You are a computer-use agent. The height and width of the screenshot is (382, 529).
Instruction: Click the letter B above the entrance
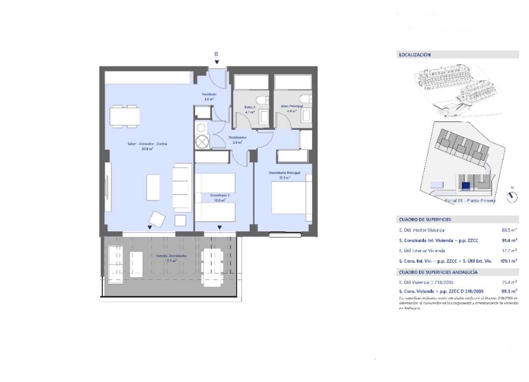pyautogui.click(x=216, y=54)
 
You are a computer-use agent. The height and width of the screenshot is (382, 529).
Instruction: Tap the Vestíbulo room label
pyautogui.click(x=208, y=96)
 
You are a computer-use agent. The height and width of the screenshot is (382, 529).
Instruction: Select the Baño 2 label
pyautogui.click(x=250, y=109)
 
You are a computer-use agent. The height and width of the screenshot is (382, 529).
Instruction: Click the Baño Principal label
pyautogui.click(x=292, y=108)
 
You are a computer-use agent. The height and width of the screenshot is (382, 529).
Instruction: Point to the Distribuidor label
pyautogui.click(x=238, y=140)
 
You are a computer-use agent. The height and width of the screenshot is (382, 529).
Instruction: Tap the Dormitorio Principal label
pyautogui.click(x=284, y=175)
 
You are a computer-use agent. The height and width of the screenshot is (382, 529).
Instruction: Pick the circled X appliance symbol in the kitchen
pyautogui.click(x=202, y=142)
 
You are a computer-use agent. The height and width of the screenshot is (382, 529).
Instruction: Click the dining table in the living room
pyautogui.click(x=125, y=116)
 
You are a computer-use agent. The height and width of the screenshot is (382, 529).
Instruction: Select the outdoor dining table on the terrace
pyautogui.click(x=212, y=266)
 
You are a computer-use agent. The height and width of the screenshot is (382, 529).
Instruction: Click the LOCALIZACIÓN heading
pyautogui.click(x=414, y=55)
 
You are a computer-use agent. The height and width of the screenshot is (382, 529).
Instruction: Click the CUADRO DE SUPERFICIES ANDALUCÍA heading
pyautogui.click(x=438, y=273)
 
